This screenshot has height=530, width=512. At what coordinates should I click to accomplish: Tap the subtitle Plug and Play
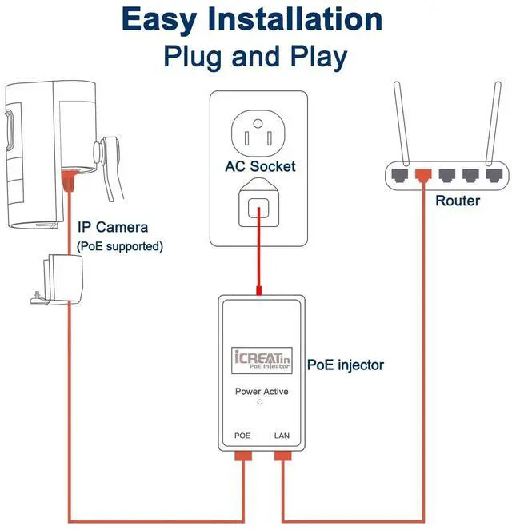point(255,57)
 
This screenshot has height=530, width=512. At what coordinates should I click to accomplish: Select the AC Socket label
point(260,167)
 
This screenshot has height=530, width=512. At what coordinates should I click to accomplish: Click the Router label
point(458,201)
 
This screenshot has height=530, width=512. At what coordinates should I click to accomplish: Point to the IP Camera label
point(113,228)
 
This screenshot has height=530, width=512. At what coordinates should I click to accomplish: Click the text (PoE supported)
point(120,246)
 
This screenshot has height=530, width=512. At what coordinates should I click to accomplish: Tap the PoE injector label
point(346,365)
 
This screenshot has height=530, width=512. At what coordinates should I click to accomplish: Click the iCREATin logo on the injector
point(259,359)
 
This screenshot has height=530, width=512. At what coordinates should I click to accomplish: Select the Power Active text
point(262,392)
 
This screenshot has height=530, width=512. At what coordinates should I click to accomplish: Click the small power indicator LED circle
point(260,404)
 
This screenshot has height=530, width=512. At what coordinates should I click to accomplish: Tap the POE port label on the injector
point(242,436)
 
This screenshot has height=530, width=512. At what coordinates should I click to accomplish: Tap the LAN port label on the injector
point(282,436)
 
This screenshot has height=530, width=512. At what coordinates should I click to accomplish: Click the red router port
point(422,173)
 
